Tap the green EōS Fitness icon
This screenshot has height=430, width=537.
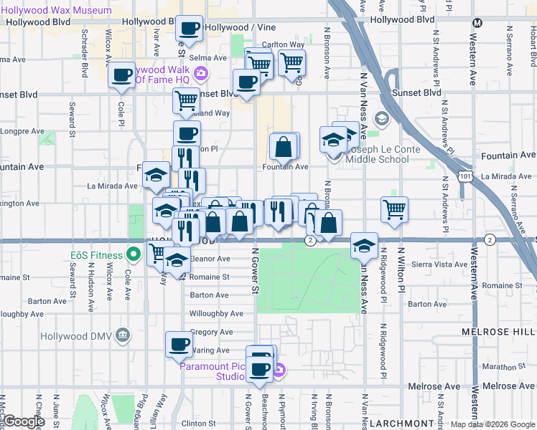(133, 254)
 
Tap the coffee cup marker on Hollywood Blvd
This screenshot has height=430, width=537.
(190, 29)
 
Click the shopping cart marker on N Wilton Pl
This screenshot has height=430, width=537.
(394, 209)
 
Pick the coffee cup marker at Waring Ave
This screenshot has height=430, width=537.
(179, 345)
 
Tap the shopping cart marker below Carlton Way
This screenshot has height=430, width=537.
(291, 62)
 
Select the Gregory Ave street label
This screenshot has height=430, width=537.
(211, 333)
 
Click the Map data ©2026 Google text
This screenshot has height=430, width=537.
(492, 424)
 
